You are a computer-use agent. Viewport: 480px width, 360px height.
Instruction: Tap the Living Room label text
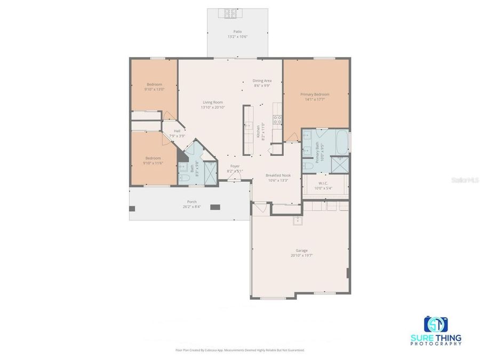click(x=212, y=102)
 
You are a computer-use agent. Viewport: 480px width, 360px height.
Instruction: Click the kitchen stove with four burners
click(x=277, y=120)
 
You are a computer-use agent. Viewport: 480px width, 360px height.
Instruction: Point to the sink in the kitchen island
click(x=249, y=125)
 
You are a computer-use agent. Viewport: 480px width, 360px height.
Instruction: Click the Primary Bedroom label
click(x=315, y=94)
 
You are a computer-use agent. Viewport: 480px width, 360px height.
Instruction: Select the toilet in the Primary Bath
click(x=308, y=166)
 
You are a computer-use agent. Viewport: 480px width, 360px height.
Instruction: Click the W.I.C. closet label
click(x=323, y=185)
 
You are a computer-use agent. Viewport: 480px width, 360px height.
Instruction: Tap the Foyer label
click(x=235, y=166)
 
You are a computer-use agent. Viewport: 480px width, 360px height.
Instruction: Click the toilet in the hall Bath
click(x=183, y=179)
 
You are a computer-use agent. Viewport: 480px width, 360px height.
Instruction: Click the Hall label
click(x=177, y=131)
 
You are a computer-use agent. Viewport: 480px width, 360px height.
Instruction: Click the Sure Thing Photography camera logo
click(x=436, y=324)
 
